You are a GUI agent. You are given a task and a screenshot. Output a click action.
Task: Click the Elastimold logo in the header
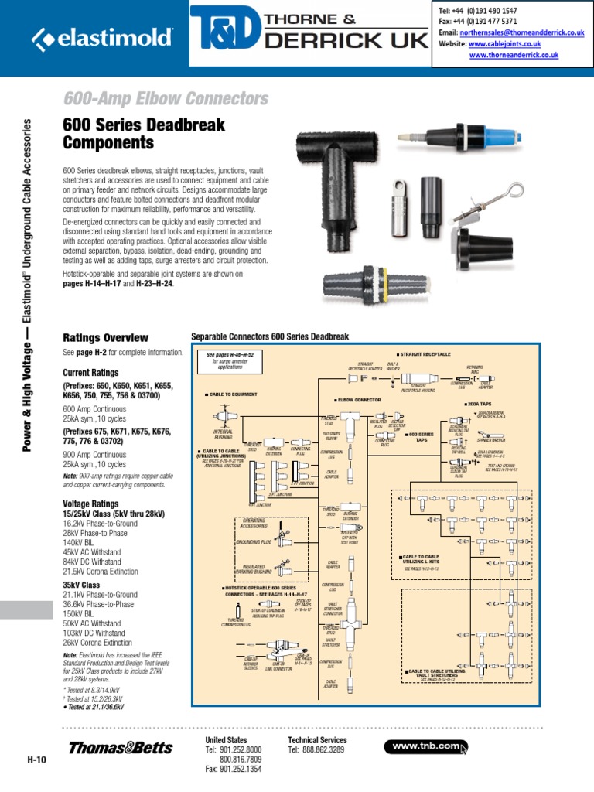102,36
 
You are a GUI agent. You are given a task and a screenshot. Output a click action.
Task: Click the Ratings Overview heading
104,338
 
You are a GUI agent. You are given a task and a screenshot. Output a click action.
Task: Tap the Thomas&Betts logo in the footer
114,748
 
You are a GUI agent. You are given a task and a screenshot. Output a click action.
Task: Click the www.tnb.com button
426,746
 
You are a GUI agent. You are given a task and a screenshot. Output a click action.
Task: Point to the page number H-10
36,760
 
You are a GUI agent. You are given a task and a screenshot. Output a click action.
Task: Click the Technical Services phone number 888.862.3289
322,750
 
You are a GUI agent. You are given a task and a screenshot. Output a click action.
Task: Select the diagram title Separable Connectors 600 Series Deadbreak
270,337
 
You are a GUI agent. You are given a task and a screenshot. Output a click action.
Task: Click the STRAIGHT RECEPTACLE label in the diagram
425,353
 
